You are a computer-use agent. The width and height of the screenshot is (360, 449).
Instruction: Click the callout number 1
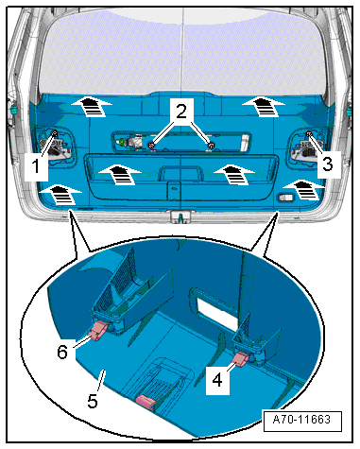tap(37, 166)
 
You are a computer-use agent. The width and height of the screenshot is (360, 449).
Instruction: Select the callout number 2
tap(181, 112)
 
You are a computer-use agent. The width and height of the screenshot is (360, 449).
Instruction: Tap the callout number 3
tap(328, 164)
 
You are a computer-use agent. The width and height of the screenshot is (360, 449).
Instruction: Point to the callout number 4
tap(217, 380)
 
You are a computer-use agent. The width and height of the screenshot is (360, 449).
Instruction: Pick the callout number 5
tap(93, 401)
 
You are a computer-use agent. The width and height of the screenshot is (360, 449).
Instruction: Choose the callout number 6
tap(62, 352)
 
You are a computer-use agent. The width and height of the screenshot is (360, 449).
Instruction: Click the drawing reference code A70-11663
tap(301, 420)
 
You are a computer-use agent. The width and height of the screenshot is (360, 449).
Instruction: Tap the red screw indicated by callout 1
tap(54, 133)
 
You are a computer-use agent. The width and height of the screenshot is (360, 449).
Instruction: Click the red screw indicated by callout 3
tap(309, 134)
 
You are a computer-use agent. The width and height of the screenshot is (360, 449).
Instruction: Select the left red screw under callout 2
tap(151, 145)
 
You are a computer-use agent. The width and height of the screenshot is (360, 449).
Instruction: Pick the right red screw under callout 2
tap(212, 146)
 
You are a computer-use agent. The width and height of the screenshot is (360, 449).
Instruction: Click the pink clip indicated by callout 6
tap(99, 331)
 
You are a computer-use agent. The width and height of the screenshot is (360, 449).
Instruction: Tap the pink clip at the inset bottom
tap(146, 402)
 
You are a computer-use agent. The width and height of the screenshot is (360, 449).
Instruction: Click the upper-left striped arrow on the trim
tap(92, 107)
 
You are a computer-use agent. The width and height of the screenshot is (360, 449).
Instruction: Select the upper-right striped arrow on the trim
tap(264, 107)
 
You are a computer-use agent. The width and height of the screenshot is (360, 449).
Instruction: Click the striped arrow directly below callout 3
tap(304, 190)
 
